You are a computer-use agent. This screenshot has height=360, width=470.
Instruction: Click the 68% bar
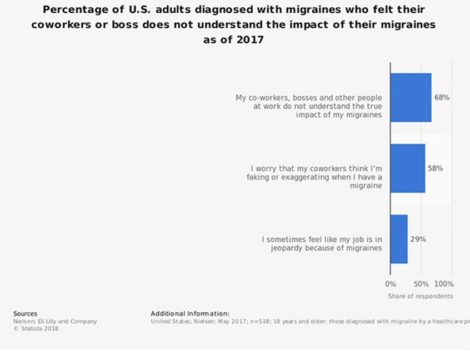coord(411,97)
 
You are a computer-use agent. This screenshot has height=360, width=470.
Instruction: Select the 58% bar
coord(408,168)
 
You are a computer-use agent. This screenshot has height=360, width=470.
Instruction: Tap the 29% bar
coord(399,239)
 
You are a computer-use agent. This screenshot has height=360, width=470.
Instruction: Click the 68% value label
coord(442,97)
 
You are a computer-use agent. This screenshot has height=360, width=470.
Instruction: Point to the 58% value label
coord(435,168)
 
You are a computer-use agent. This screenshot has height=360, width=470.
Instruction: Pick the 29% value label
coord(418,239)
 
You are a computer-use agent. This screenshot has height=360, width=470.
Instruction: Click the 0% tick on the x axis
coord(391,284)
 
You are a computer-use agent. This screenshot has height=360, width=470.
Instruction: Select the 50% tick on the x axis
coord(421,284)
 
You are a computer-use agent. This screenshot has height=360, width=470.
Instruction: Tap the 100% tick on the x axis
coord(444,284)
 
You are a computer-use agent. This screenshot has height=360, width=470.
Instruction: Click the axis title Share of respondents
coord(420,296)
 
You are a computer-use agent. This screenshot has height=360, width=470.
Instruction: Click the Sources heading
coord(25,314)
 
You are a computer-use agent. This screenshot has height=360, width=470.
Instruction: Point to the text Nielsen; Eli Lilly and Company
coord(55,321)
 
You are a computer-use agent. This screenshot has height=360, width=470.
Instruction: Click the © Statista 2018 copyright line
coord(36,328)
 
